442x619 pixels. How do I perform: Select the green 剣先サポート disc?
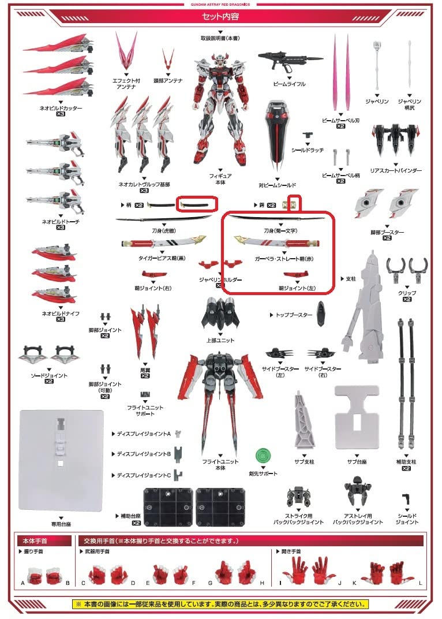point(263,456)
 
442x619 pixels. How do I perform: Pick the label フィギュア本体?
point(220,178)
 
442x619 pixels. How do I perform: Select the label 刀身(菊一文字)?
point(281,230)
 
